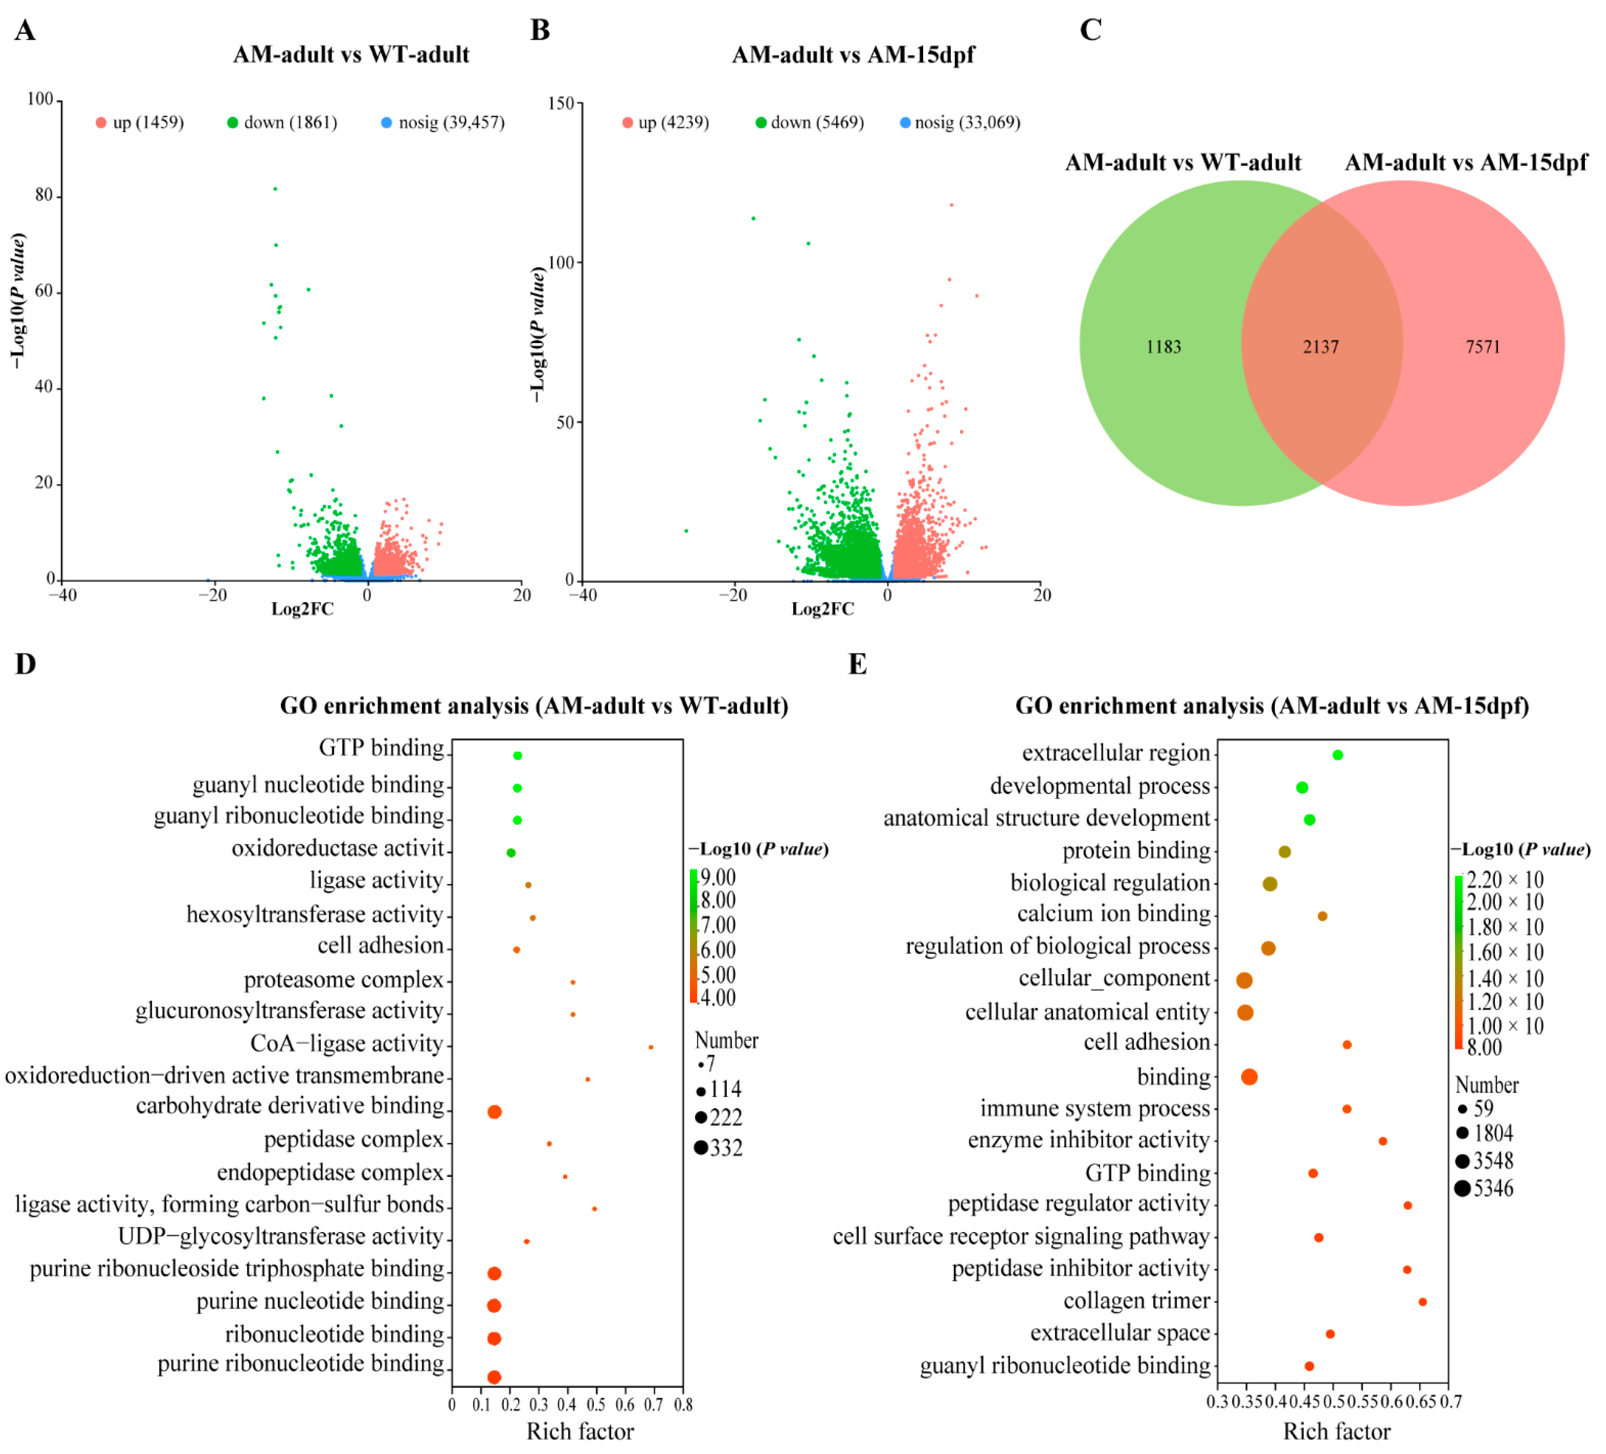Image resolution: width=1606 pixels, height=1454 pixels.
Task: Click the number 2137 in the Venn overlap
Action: [x=1320, y=347]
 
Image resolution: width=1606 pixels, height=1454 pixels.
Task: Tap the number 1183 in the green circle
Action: [x=1163, y=347]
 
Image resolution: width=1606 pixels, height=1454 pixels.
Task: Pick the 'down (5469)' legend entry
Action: [x=809, y=123]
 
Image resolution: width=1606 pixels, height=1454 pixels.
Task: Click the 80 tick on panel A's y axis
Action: [x=44, y=195]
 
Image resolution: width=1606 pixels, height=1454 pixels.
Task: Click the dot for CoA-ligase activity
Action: [x=651, y=1047]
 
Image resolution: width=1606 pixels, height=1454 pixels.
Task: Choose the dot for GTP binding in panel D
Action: [x=517, y=755]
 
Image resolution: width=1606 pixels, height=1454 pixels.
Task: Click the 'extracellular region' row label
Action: [x=1115, y=753]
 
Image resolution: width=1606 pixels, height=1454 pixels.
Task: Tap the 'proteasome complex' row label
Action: [x=343, y=980]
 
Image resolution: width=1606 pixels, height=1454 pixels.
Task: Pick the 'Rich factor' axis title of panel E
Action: [x=1336, y=1432]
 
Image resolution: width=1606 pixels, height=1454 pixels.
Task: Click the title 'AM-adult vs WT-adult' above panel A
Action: [x=351, y=55]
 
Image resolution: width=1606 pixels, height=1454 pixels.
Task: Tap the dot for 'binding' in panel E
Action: [x=1249, y=1077]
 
